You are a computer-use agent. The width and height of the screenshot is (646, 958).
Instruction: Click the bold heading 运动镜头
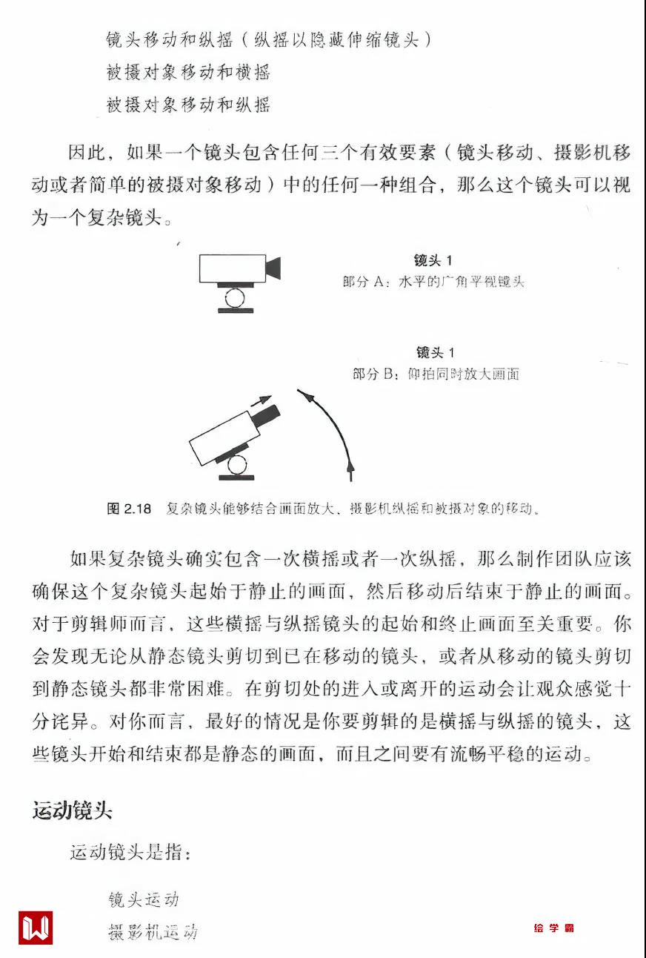[72, 810]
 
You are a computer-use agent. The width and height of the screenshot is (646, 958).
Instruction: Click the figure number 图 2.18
[129, 509]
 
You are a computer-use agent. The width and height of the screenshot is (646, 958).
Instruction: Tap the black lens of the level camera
[273, 268]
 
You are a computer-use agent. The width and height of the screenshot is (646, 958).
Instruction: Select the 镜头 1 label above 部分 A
[433, 260]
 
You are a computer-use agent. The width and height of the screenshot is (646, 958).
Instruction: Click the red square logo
[36, 927]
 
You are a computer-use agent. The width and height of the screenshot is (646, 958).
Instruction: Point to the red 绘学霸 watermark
[553, 928]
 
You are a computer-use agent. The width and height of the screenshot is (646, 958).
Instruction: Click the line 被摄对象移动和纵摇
[188, 104]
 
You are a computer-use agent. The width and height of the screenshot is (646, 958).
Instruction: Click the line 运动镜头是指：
[130, 852]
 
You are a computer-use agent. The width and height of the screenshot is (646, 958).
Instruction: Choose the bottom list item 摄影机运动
[153, 932]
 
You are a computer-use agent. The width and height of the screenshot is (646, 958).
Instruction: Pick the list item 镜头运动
[144, 899]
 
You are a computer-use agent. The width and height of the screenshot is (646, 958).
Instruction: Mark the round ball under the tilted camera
[237, 465]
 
